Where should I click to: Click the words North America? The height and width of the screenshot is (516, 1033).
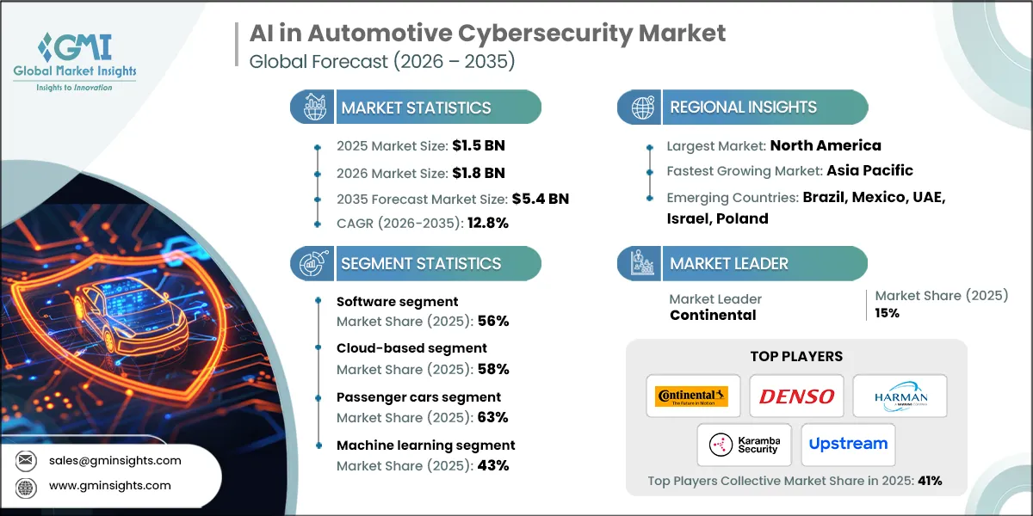(825, 145)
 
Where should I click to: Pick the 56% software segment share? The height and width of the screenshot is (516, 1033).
(493, 321)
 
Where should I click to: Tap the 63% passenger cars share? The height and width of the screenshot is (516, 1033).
(493, 417)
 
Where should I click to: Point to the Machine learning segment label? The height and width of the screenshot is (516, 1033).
(426, 445)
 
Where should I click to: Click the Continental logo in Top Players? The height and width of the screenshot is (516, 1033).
(691, 396)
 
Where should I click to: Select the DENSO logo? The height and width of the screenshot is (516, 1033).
(796, 396)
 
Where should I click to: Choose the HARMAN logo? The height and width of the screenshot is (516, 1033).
(900, 396)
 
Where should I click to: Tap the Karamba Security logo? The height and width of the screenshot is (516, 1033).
(745, 444)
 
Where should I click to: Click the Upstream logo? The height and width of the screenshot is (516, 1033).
(848, 444)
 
